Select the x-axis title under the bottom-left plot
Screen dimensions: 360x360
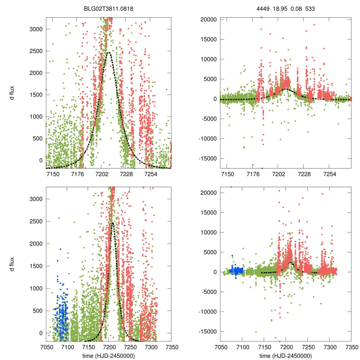pos(108,355)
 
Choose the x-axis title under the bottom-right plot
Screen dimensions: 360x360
pos(285,355)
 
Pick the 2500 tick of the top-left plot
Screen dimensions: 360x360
pos(36,51)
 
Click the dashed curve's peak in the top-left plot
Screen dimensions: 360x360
pos(109,53)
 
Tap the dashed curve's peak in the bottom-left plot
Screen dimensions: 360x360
pos(112,222)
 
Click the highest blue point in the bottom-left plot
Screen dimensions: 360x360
pos(60,249)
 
